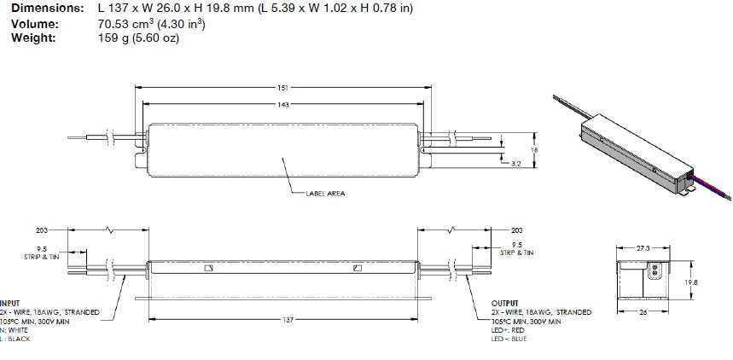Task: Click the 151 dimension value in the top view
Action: point(282,87)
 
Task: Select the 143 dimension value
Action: point(282,104)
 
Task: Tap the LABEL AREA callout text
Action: point(325,194)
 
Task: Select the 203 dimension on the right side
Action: point(515,230)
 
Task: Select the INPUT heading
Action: point(10,304)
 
